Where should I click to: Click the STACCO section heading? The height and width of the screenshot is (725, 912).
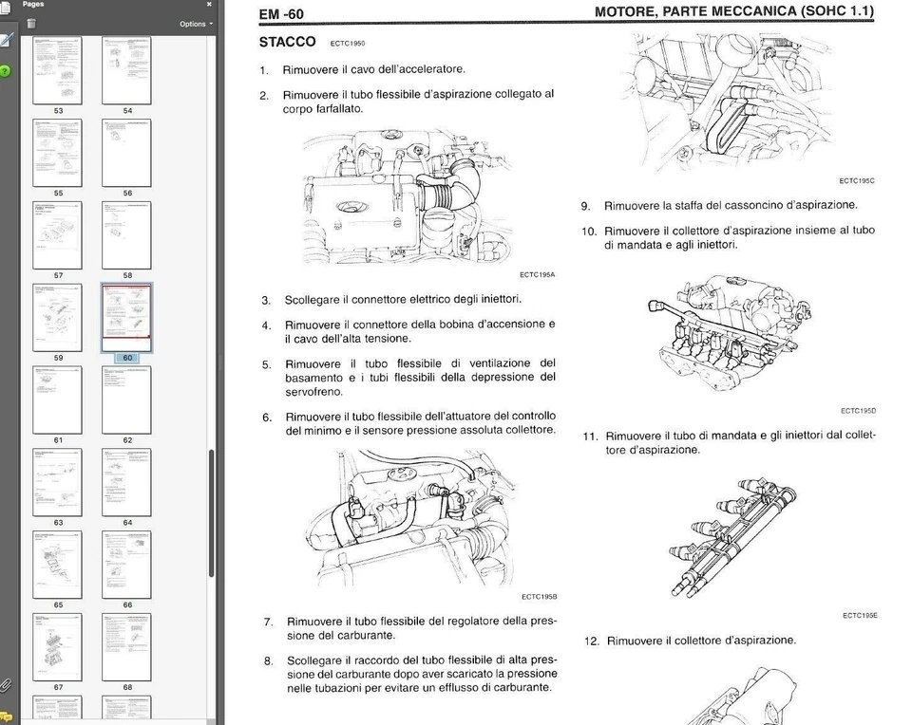point(288,43)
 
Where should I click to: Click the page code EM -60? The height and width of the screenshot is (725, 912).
point(281,14)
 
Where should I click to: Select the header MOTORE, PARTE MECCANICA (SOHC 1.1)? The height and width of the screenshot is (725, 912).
point(733,12)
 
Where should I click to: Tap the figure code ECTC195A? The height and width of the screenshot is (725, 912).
point(538,275)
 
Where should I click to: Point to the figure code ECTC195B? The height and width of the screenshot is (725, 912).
point(539,597)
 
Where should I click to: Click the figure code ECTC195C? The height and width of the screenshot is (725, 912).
point(857,180)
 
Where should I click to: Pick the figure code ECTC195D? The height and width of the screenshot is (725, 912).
point(858,411)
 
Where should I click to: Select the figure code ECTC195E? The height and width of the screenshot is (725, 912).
point(860,616)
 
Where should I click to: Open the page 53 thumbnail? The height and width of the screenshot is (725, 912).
point(57,70)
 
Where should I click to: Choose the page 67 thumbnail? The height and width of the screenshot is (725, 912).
point(57,646)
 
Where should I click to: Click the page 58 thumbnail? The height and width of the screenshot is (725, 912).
point(126,234)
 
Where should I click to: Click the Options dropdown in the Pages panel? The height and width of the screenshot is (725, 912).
point(196,24)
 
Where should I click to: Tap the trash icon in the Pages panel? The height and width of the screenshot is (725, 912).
point(31,24)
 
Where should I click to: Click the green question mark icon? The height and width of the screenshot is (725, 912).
point(6,70)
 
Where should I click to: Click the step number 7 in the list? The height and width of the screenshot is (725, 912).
point(268,623)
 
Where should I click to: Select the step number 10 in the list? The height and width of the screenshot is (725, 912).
point(589,231)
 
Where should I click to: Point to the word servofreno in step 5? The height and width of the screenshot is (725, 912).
point(313,392)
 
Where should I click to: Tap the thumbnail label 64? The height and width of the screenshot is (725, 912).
point(127,523)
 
